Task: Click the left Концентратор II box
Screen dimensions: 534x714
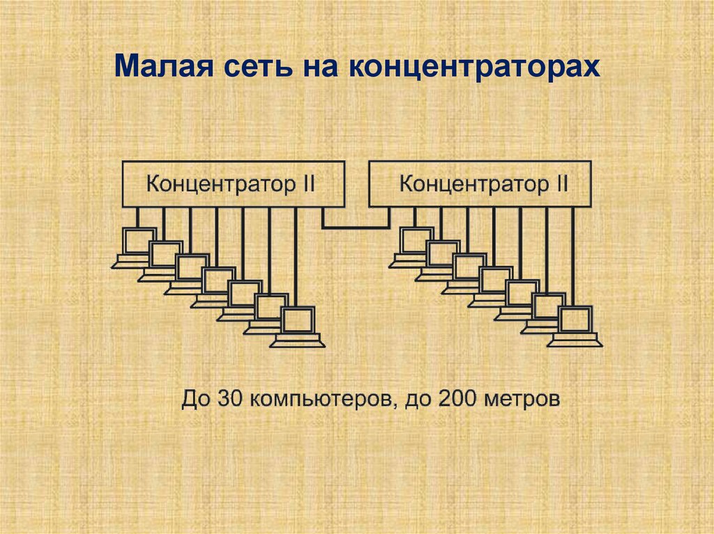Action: click(234, 184)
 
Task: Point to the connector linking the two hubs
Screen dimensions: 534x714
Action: click(356, 226)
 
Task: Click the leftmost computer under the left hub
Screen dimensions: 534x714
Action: click(137, 244)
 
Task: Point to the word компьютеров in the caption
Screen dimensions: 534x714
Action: click(319, 400)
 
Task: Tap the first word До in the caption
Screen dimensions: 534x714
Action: click(196, 400)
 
